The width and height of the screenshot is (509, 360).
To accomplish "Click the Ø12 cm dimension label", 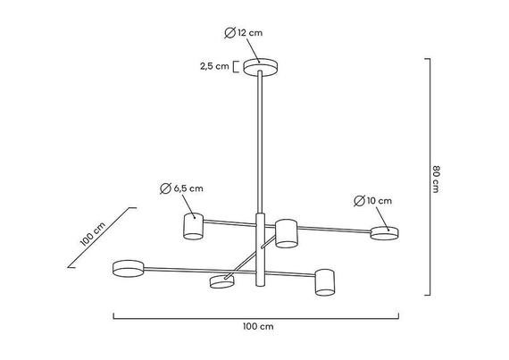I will click(245, 33).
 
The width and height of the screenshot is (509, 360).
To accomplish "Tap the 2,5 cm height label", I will click(216, 66).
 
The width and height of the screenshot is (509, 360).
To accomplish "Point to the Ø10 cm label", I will click(372, 200).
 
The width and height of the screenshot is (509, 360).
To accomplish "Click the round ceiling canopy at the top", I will click(260, 68).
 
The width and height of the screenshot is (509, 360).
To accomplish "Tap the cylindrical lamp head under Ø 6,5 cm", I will click(193, 226).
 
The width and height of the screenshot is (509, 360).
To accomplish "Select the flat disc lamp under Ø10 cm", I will click(385, 233).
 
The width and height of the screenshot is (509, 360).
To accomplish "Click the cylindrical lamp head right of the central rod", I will click(286, 232).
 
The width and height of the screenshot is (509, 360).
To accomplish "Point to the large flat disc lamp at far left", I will click(128, 266).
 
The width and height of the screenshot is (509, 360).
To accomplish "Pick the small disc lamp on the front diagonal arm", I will click(221, 282).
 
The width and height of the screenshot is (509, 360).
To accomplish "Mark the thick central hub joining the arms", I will click(261, 250).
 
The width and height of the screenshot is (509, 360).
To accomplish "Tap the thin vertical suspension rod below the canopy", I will click(260, 143).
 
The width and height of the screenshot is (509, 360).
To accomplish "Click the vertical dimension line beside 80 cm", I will click(430, 177).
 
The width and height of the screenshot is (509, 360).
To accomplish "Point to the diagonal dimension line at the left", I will click(102, 238).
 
